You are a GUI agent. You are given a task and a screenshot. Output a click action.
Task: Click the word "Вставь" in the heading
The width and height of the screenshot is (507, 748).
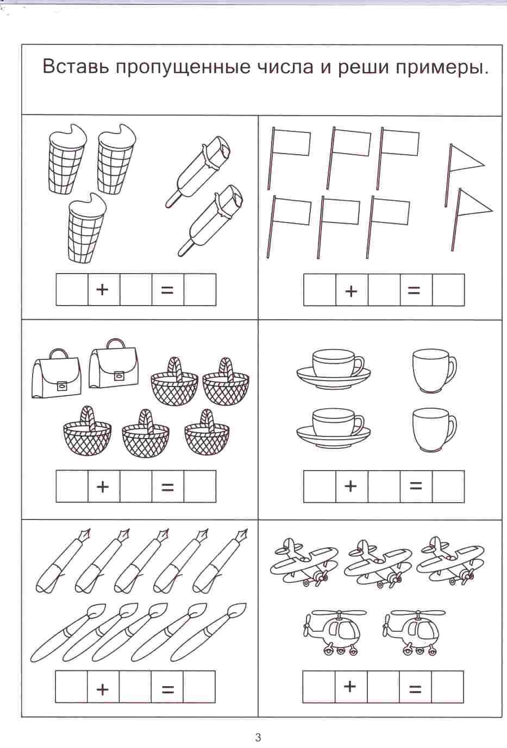[77, 66]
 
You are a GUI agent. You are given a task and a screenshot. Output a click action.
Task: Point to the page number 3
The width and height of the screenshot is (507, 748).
[258, 737]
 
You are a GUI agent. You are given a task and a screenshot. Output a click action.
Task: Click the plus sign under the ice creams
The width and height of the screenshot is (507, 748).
[102, 289]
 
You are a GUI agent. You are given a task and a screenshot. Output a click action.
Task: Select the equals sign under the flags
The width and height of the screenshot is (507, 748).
[414, 291]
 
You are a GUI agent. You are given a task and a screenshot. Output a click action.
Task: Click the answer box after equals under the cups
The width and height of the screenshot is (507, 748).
[448, 486]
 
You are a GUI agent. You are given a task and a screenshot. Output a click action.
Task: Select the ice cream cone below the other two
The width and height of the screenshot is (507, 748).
[86, 227]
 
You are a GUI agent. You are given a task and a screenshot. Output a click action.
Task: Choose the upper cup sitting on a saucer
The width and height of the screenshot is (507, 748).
[334, 369]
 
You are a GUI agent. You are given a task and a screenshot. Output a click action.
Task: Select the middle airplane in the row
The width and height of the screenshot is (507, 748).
[378, 562]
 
